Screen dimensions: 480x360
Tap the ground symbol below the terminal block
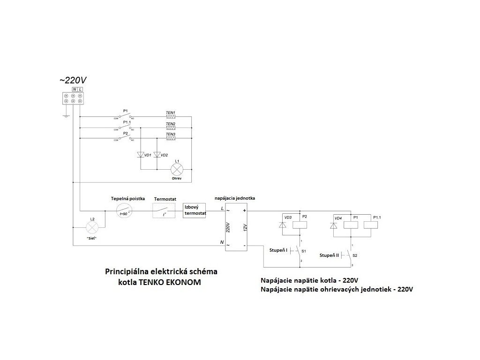[x=66, y=114]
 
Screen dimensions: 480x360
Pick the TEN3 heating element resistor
[x=171, y=139]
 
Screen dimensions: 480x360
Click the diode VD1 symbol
[x=140, y=155]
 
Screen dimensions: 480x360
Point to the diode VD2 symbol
[x=156, y=155]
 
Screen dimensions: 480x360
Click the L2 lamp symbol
[x=92, y=227]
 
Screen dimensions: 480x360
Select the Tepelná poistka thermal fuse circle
[x=124, y=210]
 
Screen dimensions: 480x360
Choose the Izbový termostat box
[x=195, y=210]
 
